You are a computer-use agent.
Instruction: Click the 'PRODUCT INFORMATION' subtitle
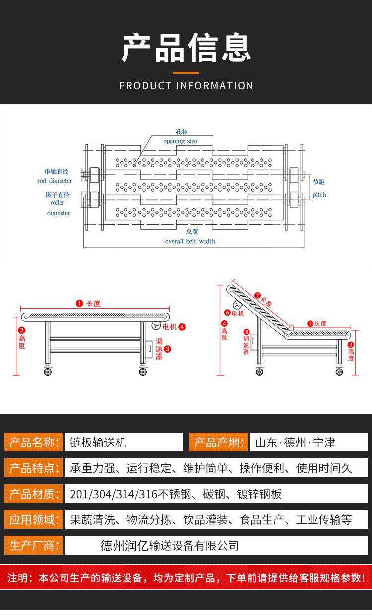click(x=186, y=86)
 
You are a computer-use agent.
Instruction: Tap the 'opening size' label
click(x=180, y=141)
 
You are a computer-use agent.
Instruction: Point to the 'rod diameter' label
click(x=55, y=181)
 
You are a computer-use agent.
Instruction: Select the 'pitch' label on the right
click(x=319, y=195)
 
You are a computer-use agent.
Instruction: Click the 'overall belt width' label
click(x=190, y=241)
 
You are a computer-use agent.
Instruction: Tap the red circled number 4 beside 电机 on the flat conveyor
click(x=182, y=327)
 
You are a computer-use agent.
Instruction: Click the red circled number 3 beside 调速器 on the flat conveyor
click(x=167, y=349)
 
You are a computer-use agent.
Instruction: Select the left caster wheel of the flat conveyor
click(x=48, y=372)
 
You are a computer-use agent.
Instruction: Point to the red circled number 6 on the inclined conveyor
click(x=227, y=313)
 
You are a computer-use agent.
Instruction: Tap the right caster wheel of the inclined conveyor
click(x=339, y=372)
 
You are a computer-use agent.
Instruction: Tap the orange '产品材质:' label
click(x=34, y=494)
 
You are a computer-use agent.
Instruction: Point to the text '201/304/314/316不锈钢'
click(x=130, y=494)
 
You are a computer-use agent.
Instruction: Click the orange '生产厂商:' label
click(x=34, y=545)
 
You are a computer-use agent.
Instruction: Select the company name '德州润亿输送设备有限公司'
click(x=170, y=546)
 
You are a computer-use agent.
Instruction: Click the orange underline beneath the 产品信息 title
click(x=186, y=73)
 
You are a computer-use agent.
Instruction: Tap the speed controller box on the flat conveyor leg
click(x=149, y=349)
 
